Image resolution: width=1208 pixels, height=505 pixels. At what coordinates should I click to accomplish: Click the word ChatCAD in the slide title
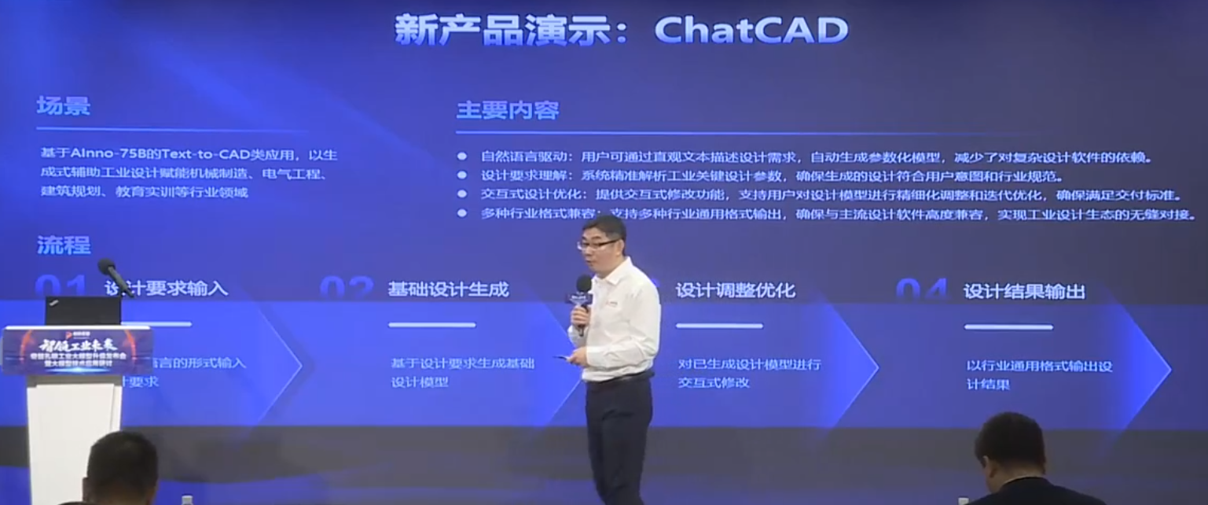[751, 30]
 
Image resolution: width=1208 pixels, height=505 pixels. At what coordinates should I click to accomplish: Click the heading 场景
[63, 106]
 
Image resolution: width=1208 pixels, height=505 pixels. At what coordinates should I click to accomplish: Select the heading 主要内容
[507, 110]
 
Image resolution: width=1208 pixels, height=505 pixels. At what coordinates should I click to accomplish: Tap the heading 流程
[63, 245]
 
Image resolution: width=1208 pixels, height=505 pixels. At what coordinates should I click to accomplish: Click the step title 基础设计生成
[447, 289]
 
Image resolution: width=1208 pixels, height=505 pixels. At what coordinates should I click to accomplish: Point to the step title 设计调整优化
[735, 290]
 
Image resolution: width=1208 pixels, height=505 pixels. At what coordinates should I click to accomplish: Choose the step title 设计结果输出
[1023, 291]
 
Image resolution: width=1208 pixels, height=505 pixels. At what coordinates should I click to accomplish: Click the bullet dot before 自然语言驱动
[462, 157]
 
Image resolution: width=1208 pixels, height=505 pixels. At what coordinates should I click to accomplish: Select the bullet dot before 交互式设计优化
[462, 194]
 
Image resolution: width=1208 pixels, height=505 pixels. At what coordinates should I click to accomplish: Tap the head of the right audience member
[1009, 445]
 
